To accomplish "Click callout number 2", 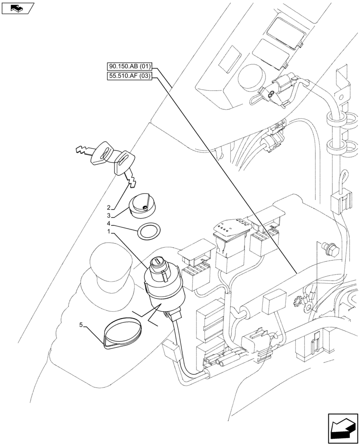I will [109, 208].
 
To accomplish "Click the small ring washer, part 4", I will [149, 231].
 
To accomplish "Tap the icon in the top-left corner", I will [18, 8].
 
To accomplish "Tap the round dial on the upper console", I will [250, 79].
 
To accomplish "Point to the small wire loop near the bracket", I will [344, 178].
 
